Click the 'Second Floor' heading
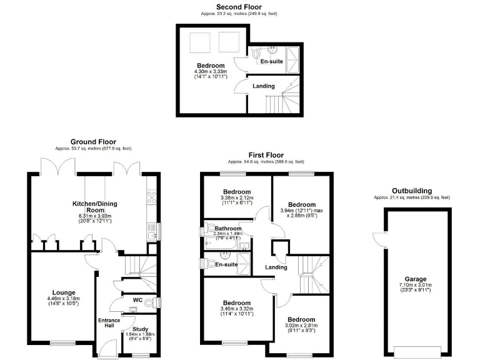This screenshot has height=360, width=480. click(x=239, y=7)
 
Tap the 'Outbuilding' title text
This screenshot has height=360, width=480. click(x=411, y=191)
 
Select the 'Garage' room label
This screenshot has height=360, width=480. click(x=414, y=279)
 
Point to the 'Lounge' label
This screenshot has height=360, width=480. click(x=64, y=292)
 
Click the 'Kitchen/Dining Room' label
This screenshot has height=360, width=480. click(x=94, y=207)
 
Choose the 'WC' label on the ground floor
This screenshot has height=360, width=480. click(x=138, y=300)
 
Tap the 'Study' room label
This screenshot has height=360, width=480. click(x=141, y=328)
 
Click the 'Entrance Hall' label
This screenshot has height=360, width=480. click(x=109, y=324)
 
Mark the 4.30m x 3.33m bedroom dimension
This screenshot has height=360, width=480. click(x=211, y=72)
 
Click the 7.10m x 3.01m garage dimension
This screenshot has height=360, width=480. click(x=414, y=286)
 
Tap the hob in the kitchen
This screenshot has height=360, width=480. click(x=150, y=197)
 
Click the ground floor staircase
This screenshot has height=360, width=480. click(x=134, y=268)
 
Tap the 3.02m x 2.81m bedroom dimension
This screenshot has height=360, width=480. click(x=301, y=326)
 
